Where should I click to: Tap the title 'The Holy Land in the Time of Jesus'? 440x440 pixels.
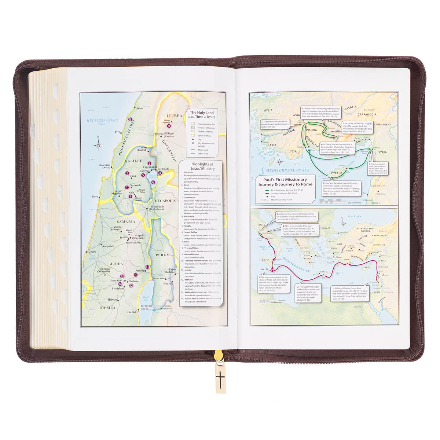coord(202,114)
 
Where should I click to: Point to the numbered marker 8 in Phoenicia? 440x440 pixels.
coord(130,120)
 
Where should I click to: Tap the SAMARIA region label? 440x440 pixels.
coord(126,221)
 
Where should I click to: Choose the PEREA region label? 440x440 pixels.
coord(162,254)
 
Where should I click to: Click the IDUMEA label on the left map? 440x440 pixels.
coord(106,308)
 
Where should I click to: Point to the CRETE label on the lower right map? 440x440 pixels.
coord(323,272)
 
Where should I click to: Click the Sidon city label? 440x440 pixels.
coord(139,109)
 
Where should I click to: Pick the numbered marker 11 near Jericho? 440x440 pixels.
coord(147,267)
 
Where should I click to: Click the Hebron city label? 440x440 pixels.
coord(112,300)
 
